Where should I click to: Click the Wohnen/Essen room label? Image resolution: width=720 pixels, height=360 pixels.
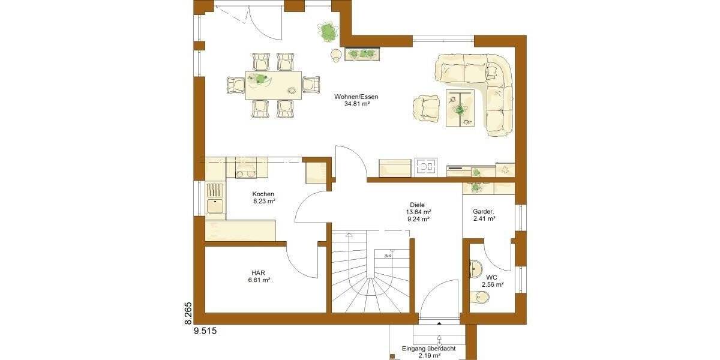click(361, 96)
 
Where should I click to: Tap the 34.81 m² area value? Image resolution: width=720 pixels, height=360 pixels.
click(356, 104)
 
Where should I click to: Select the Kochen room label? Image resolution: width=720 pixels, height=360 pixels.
click(263, 194)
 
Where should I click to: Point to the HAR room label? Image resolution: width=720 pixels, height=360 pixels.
click(259, 272)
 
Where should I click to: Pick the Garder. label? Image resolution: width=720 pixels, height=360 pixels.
click(483, 211)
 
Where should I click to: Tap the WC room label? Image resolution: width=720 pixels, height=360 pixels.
click(492, 277)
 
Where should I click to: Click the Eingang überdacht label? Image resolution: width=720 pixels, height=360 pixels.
click(430, 348)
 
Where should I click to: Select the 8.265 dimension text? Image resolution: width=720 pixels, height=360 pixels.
click(187, 313)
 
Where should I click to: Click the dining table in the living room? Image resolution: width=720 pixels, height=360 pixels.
click(274, 85)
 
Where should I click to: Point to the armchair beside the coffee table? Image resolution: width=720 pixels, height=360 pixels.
click(427, 109)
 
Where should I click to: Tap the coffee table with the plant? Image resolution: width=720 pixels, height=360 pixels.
click(460, 109)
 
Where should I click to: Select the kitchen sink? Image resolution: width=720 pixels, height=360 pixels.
click(215, 198)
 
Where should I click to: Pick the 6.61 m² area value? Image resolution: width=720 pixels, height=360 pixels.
click(259, 280)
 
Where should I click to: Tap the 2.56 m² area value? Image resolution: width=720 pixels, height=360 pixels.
click(492, 285)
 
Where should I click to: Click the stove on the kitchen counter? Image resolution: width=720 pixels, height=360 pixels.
click(245, 168)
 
